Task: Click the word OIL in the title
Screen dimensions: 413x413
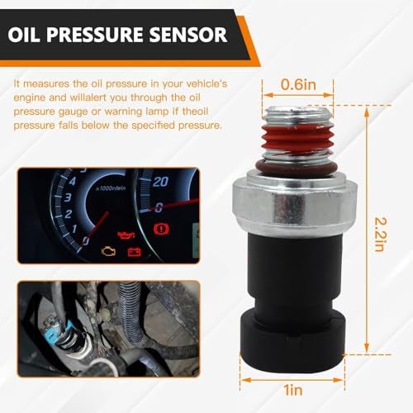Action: tap(36, 35)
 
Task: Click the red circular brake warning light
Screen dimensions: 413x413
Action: tap(162, 226)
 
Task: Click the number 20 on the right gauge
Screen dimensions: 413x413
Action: tap(162, 181)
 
